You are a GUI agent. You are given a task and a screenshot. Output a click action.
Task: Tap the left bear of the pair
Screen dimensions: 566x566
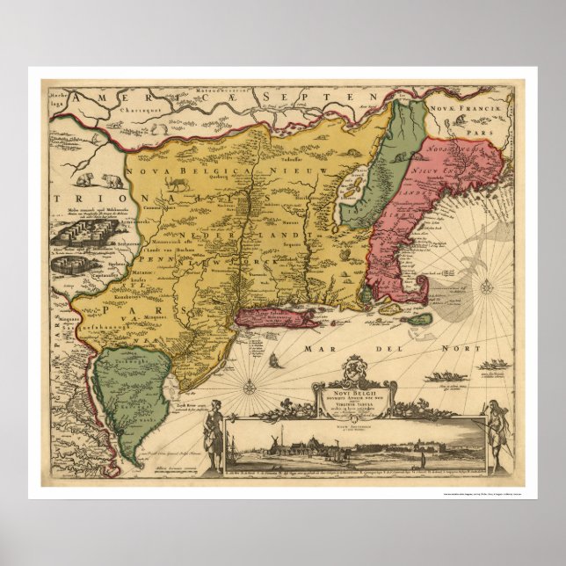pyautogui.click(x=87, y=182)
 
